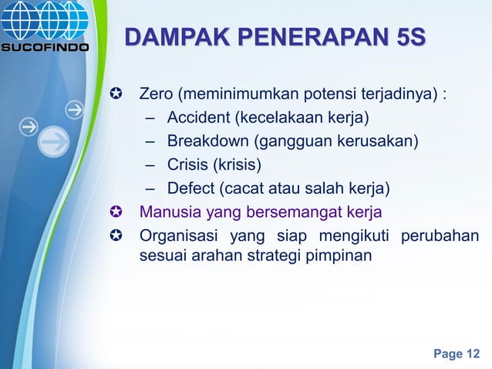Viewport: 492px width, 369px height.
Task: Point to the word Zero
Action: click(156, 96)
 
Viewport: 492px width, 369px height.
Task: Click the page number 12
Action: click(471, 354)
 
